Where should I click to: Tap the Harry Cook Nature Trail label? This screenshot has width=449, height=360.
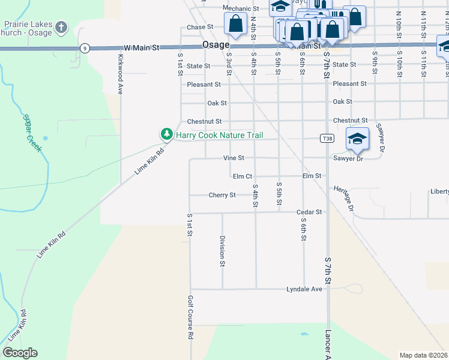pyautogui.click(x=219, y=135)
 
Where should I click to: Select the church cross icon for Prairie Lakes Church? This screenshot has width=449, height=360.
pyautogui.click(x=61, y=27)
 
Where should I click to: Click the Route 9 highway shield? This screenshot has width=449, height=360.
pyautogui.click(x=86, y=48)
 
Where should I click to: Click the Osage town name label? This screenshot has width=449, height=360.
pyautogui.click(x=215, y=46)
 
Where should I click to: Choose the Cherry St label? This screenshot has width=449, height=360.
pyautogui.click(x=222, y=195)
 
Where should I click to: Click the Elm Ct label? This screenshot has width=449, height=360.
pyautogui.click(x=242, y=176)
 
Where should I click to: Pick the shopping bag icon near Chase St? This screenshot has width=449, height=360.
pyautogui.click(x=236, y=24)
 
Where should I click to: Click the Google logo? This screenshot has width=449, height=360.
pyautogui.click(x=20, y=353)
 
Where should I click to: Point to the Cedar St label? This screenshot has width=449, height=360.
pyautogui.click(x=310, y=212)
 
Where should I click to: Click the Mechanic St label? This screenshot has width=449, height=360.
pyautogui.click(x=240, y=9)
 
